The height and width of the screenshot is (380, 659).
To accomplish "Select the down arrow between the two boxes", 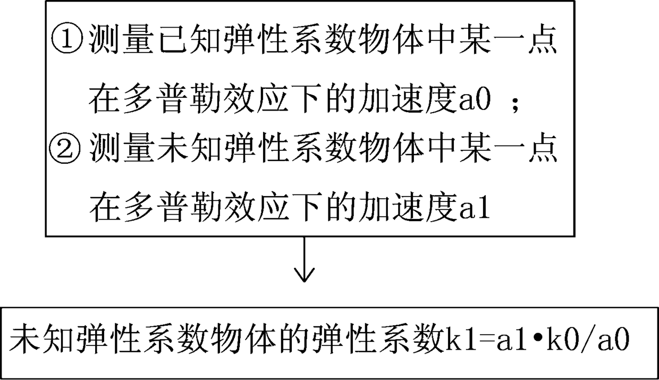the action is (304, 260).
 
